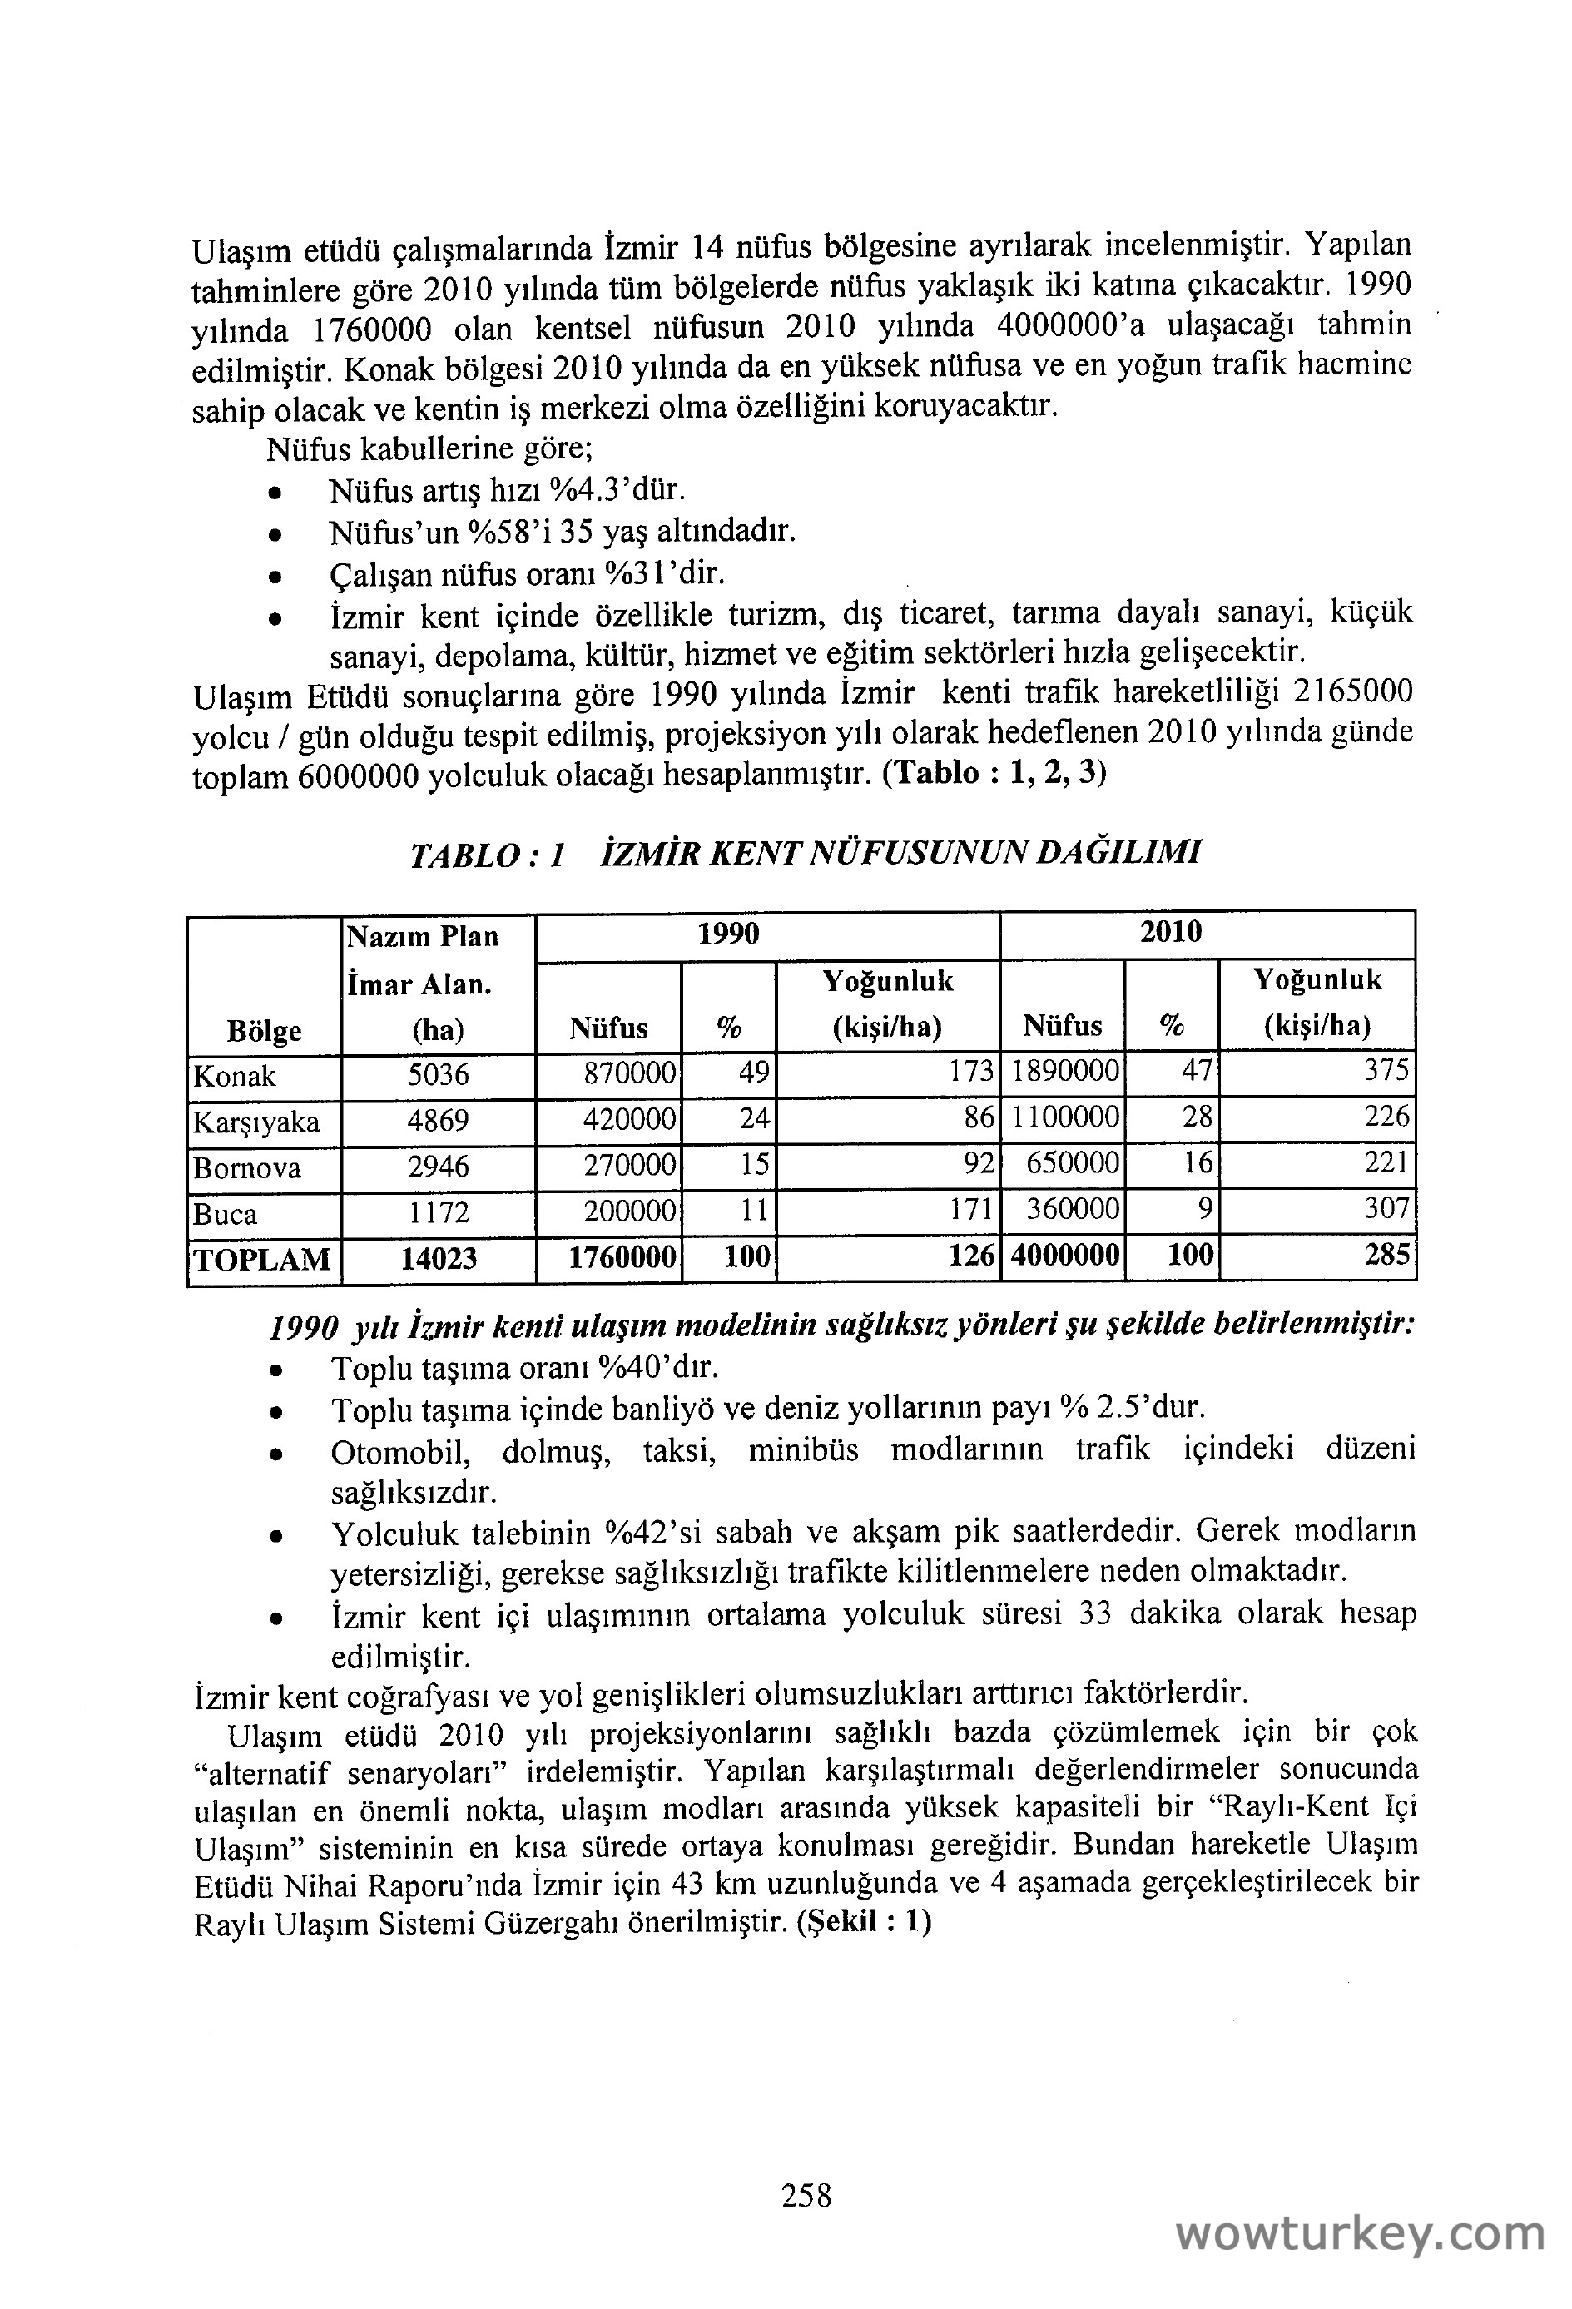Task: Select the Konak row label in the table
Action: coord(236,1076)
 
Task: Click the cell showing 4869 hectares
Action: coord(439,1121)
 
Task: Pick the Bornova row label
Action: coord(247,1167)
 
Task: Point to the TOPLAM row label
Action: coord(262,1259)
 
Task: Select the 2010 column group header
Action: coord(1171,932)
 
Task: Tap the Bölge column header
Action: coord(265,1031)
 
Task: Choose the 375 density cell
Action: coord(1386,1071)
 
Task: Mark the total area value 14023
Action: coord(439,1259)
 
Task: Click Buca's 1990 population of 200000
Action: coord(630,1212)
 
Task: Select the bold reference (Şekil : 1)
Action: coord(864,1923)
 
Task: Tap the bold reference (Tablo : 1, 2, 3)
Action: coord(994,773)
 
